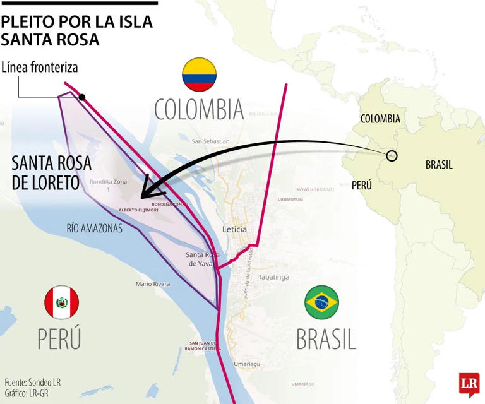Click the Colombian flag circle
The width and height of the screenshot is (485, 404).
click(x=199, y=75)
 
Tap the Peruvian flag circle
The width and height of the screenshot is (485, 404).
click(x=61, y=302)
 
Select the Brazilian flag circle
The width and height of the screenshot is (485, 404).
click(x=321, y=302)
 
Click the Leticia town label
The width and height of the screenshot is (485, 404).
click(x=234, y=229)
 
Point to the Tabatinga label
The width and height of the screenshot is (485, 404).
click(x=273, y=277)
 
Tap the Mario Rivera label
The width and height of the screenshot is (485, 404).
click(x=153, y=284)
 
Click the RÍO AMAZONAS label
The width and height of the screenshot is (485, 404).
click(x=94, y=229)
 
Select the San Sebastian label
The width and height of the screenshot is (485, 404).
click(x=211, y=141)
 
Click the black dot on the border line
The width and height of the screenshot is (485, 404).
click(x=82, y=97)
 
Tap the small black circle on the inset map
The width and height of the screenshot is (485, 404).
click(x=392, y=155)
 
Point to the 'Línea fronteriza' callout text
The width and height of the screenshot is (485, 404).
click(x=39, y=68)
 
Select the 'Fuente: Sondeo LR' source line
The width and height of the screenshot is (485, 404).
click(x=32, y=383)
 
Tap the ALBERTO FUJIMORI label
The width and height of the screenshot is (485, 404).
click(x=138, y=210)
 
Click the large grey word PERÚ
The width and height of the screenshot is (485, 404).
click(x=59, y=338)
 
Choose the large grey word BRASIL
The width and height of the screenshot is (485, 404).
click(x=326, y=339)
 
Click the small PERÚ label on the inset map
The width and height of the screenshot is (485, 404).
click(x=361, y=185)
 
